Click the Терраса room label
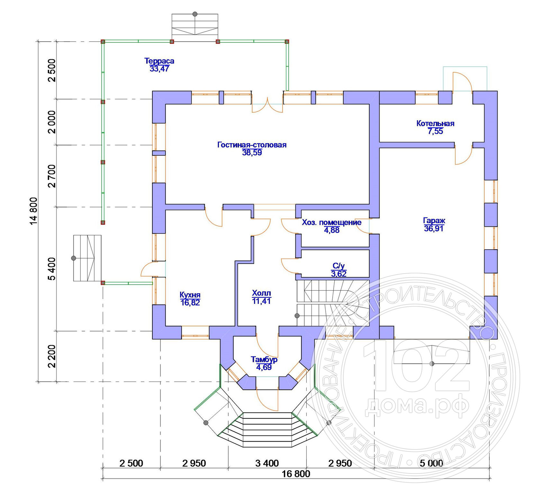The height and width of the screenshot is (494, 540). (x=159, y=61)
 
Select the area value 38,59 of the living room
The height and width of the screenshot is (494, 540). (x=252, y=153)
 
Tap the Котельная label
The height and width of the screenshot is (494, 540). (x=435, y=123)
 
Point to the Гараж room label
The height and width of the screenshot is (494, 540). (x=434, y=221)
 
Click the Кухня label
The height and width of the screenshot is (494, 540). (x=190, y=295)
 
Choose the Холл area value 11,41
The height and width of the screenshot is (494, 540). (x=261, y=301)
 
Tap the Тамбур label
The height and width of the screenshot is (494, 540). (x=264, y=359)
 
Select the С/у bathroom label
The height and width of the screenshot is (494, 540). (x=339, y=266)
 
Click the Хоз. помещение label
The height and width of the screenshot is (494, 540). (x=332, y=222)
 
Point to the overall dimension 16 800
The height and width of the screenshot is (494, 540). (x=296, y=474)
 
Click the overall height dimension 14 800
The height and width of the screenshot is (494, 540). (x=34, y=211)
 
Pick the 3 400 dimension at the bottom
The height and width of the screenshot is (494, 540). (x=267, y=463)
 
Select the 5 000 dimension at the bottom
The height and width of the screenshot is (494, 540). (x=431, y=463)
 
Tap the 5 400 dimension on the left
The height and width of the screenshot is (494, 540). (x=52, y=269)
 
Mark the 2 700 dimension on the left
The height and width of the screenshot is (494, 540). (x=52, y=176)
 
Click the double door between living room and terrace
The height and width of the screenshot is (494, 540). (x=267, y=104)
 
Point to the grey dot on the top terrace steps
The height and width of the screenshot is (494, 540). (x=195, y=14)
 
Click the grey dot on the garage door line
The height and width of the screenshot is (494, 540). (x=432, y=364)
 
